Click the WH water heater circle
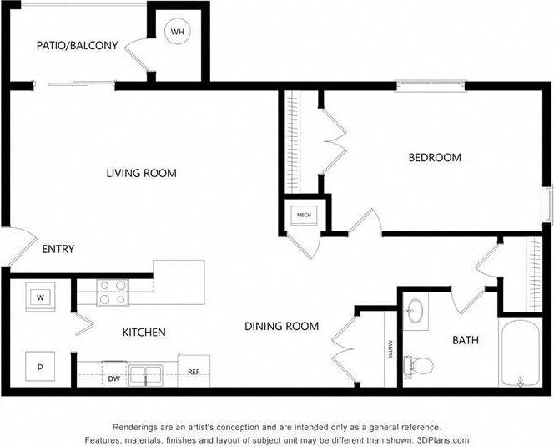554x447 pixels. click(x=177, y=33)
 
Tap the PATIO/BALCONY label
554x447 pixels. click(x=77, y=46)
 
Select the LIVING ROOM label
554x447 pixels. click(x=141, y=174)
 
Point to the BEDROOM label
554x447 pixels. click(x=434, y=157)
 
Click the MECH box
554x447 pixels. click(x=304, y=216)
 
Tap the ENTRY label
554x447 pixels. click(x=58, y=249)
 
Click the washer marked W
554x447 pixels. click(x=39, y=297)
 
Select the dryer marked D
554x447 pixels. click(x=39, y=365)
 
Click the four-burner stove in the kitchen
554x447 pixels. click(x=113, y=292)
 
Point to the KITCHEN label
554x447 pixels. click(x=144, y=333)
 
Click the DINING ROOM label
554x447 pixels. click(x=281, y=326)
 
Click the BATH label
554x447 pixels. click(x=465, y=340)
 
